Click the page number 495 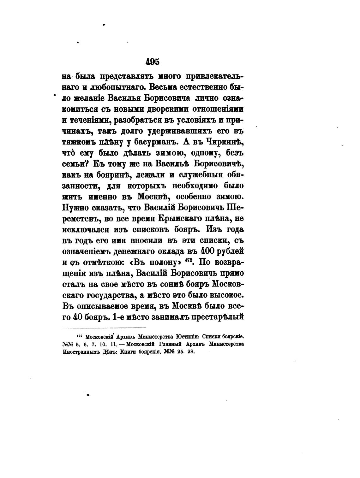point(153,62)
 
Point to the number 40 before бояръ point(78,317)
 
